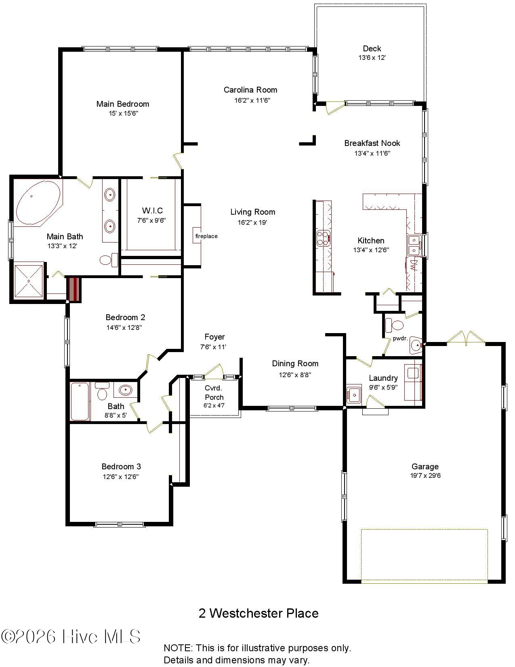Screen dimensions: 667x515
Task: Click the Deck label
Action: click(372, 49)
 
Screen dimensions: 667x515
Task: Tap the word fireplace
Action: click(206, 236)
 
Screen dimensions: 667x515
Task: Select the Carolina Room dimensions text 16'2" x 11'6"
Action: click(252, 100)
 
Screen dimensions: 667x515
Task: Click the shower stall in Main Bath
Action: click(28, 281)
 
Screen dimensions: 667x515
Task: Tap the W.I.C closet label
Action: click(152, 210)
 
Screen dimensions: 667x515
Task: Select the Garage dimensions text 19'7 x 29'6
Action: click(425, 476)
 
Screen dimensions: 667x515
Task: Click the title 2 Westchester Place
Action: click(259, 613)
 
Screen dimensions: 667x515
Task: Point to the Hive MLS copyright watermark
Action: click(71, 637)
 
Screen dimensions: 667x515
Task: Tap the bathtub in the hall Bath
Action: click(80, 401)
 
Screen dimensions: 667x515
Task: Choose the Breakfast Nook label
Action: click(372, 143)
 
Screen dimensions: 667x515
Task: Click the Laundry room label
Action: click(383, 378)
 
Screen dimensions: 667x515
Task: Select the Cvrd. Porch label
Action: click(214, 393)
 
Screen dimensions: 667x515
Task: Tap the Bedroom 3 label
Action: click(121, 467)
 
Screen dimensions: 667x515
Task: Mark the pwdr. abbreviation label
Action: click(400, 338)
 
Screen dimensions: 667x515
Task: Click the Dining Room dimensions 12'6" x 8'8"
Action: click(295, 375)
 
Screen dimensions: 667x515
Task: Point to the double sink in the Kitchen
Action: click(414, 245)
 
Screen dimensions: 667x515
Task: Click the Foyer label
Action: click(214, 337)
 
